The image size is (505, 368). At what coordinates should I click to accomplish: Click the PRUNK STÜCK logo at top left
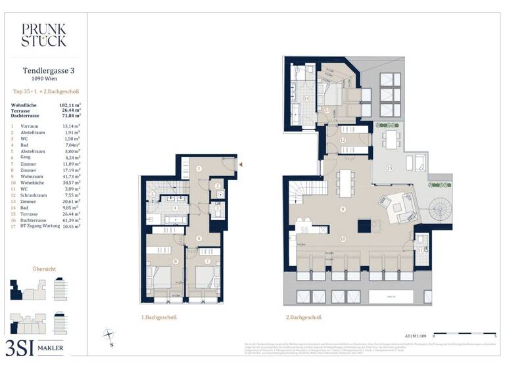pyautogui.click(x=43, y=35)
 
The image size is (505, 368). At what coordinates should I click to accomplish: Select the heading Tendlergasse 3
pyautogui.click(x=43, y=71)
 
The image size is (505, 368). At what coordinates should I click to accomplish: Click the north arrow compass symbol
pyautogui.click(x=109, y=336)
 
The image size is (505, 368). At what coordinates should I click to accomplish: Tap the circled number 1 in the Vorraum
pyautogui.click(x=199, y=169)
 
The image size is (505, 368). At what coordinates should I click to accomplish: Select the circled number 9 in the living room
pyautogui.click(x=342, y=209)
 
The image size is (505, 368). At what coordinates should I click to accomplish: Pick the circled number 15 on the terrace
pyautogui.click(x=389, y=168)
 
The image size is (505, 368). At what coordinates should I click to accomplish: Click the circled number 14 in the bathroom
pyautogui.click(x=306, y=98)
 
